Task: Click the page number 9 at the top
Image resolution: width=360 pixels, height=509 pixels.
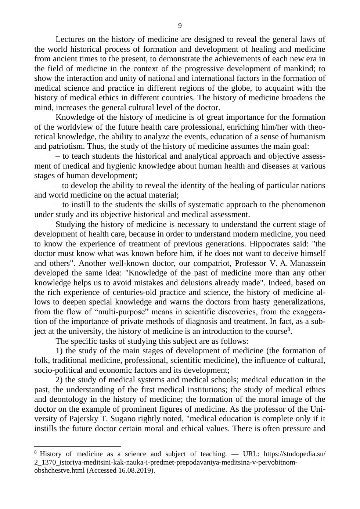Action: coord(180,26)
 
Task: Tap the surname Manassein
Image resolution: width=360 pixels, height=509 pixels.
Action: coord(308,263)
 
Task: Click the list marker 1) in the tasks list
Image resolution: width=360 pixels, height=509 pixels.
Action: coord(59,351)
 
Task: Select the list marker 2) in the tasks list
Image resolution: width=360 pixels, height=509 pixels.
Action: coord(59,380)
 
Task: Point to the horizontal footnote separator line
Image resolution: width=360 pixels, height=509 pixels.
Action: coord(78,446)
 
